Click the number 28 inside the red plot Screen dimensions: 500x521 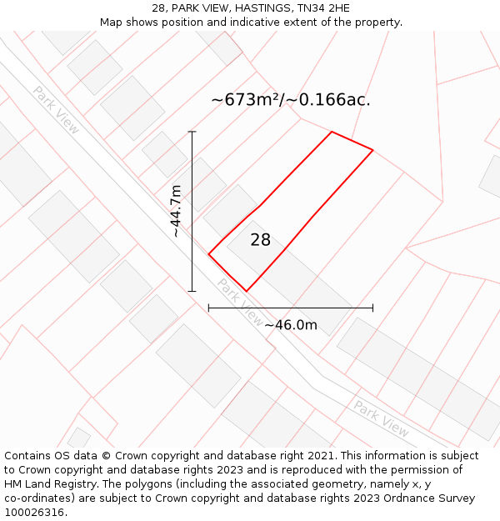(261, 240)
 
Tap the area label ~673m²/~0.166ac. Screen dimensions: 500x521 (290, 100)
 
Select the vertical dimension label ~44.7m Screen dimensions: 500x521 (176, 211)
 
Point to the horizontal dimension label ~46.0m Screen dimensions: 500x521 (291, 325)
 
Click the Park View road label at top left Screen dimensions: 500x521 (57, 108)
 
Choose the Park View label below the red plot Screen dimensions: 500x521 (240, 302)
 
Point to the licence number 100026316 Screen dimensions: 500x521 (34, 512)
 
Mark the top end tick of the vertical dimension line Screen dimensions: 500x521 (192, 132)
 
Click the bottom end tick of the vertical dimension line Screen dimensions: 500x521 (192, 291)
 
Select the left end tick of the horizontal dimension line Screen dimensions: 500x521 (208, 308)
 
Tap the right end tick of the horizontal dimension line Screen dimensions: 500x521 (372, 308)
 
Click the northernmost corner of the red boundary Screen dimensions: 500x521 (332, 132)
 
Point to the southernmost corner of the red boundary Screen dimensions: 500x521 (247, 291)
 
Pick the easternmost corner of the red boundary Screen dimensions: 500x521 (372, 150)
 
